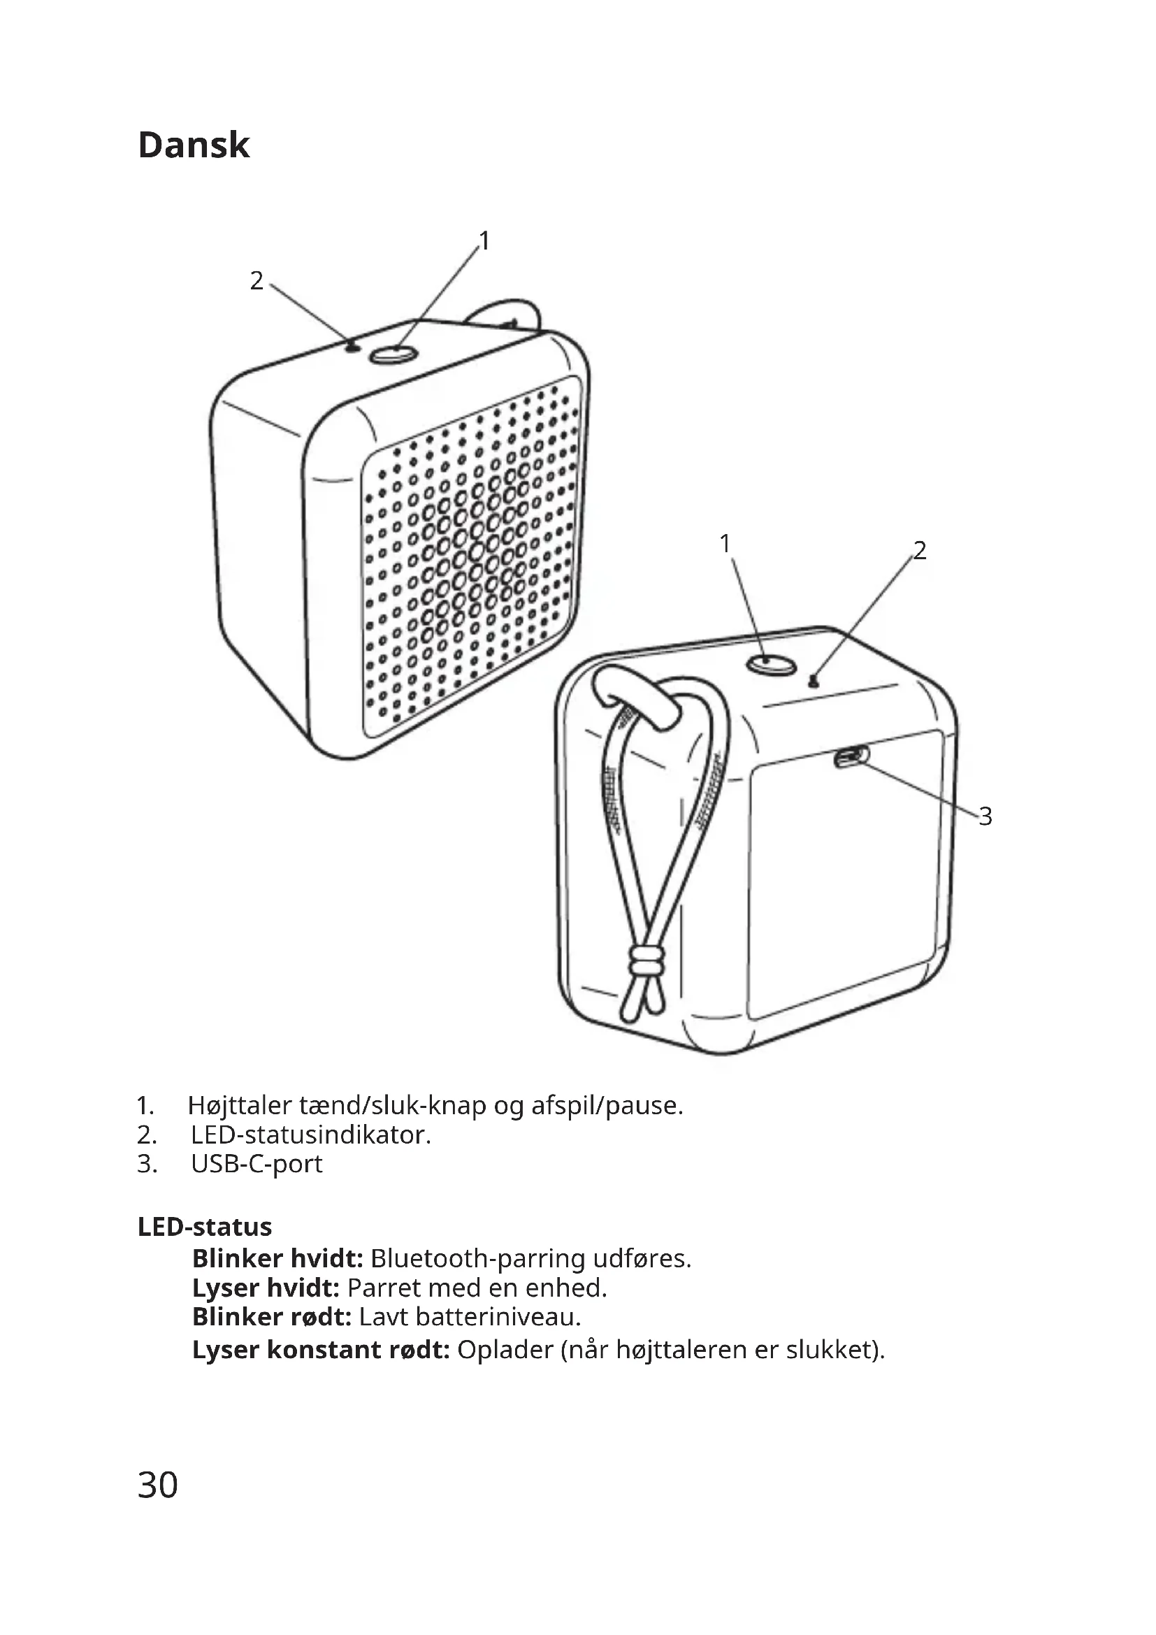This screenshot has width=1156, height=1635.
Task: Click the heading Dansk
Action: coord(194,145)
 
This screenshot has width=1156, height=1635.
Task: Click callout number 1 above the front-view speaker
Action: coord(484,241)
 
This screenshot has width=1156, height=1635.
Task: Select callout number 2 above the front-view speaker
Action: coord(257,281)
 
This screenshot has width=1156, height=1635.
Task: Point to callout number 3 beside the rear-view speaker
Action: coord(985,816)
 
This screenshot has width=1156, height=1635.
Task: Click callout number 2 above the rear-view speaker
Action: coord(920,550)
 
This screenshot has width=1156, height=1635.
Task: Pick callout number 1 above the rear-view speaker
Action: coord(725,544)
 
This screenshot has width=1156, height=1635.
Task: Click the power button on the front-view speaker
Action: coord(393,353)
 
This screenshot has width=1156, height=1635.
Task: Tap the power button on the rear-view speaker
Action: coord(770,663)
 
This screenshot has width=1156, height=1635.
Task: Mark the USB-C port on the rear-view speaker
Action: coord(851,757)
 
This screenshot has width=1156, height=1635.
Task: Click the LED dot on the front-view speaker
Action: coord(352,347)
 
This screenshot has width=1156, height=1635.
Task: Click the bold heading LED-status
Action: coord(205,1227)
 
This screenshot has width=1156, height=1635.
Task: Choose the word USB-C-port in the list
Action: coord(257,1164)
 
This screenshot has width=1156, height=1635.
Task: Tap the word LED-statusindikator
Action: coord(310,1135)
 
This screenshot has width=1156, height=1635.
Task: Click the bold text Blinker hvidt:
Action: coord(277,1259)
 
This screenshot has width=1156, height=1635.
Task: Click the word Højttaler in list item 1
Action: coord(240,1106)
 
